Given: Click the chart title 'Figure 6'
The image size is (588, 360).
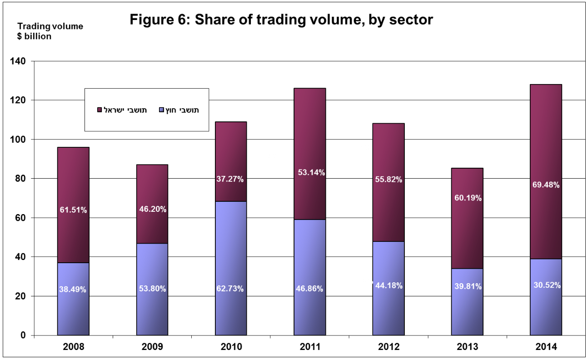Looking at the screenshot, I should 281,20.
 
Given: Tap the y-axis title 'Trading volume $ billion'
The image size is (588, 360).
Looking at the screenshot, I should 50,31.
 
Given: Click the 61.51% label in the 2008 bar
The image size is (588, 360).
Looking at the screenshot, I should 73,210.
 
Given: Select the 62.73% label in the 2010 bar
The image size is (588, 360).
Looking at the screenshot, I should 231,289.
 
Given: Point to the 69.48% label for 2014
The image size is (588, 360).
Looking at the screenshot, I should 546,185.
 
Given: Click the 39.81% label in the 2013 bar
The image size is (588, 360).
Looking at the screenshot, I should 467,286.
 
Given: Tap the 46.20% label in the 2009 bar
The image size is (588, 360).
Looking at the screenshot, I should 152,210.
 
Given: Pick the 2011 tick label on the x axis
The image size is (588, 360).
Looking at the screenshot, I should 310,348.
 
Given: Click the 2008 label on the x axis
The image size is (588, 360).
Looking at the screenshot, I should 73,348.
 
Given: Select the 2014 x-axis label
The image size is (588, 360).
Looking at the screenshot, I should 546,348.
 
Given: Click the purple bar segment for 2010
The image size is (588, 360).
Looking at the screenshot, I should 231,255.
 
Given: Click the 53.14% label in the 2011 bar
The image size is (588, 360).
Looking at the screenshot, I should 310,172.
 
